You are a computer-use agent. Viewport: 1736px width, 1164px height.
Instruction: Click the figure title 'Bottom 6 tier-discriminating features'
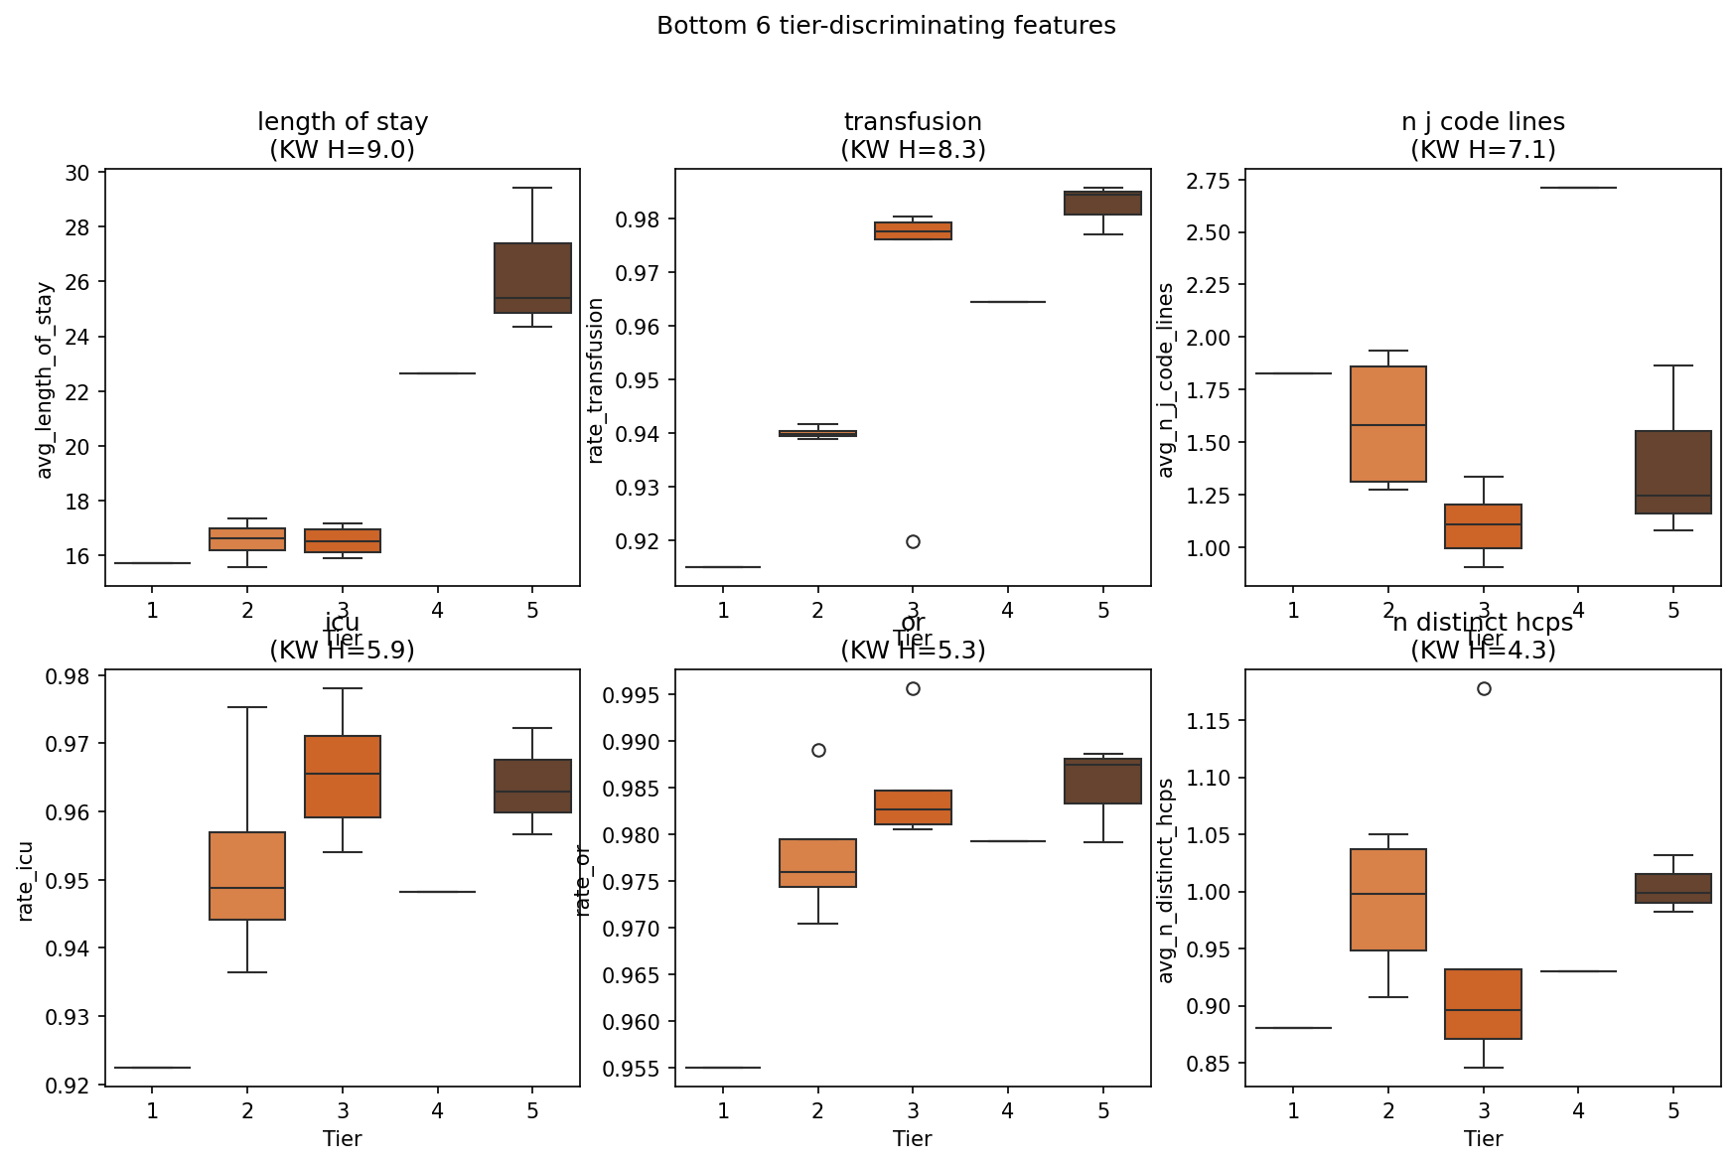(x=886, y=26)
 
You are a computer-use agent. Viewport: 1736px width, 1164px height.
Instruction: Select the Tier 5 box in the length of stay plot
(x=532, y=278)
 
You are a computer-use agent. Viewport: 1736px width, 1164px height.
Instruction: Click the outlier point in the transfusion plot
(x=913, y=541)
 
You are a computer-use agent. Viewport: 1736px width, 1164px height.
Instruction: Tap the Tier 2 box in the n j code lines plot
(x=1388, y=424)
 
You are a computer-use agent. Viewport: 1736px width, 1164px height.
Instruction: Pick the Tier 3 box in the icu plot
(x=343, y=777)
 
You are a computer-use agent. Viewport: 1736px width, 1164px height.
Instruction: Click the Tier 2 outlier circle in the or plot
(x=818, y=750)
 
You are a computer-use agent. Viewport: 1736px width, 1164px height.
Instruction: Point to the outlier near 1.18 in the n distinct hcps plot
(x=1484, y=688)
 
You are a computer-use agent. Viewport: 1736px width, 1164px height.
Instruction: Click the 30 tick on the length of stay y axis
(x=76, y=174)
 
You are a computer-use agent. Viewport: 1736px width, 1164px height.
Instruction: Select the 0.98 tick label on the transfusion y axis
(x=639, y=219)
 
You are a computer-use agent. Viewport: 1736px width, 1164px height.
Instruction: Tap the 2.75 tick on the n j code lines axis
(x=1209, y=181)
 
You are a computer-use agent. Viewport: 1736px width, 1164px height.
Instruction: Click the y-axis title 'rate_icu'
(x=26, y=881)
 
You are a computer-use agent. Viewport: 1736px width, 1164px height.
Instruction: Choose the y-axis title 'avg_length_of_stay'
(x=45, y=380)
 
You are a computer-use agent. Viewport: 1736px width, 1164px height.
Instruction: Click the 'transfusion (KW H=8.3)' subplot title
(x=913, y=135)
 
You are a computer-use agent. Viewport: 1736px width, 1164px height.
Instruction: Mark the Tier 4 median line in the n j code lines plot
(x=1578, y=188)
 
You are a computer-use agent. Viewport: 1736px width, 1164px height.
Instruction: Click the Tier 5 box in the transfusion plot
(x=1103, y=203)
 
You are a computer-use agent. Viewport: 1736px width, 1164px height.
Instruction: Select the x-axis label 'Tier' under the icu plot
(x=342, y=1138)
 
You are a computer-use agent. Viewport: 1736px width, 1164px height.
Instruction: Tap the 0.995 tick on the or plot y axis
(x=632, y=695)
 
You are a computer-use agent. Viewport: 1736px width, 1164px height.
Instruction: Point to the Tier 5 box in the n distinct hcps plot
(x=1673, y=888)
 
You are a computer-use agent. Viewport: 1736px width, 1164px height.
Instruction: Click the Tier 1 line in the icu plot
(x=152, y=1067)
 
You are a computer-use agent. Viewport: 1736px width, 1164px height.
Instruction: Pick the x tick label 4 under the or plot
(x=1008, y=1110)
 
